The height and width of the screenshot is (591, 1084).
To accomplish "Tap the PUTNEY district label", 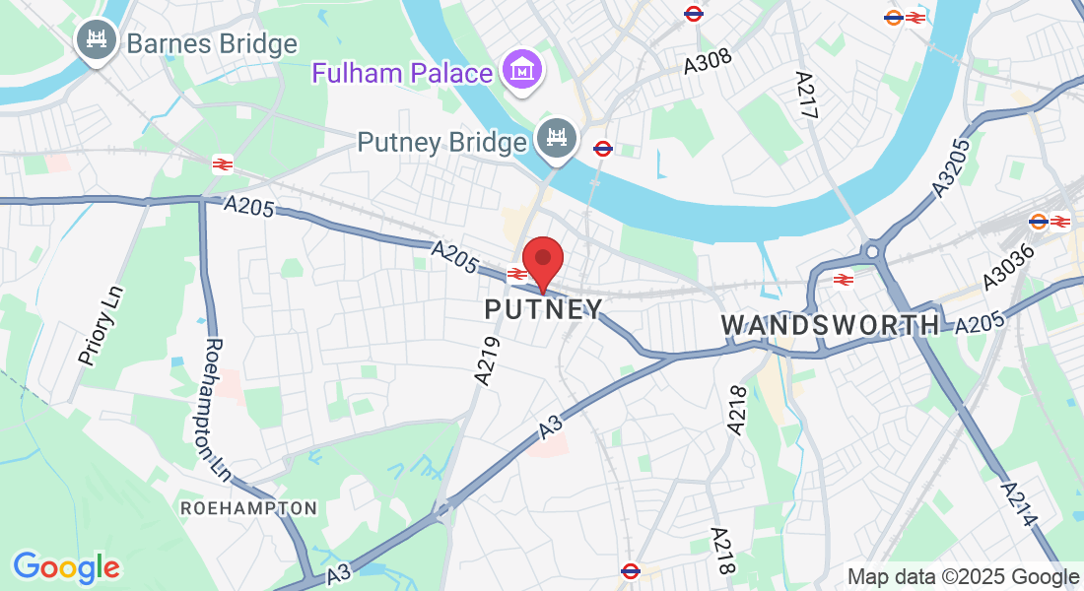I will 543,309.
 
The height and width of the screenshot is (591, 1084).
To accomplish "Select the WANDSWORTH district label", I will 830,324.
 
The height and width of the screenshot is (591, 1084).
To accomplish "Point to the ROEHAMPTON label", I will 248,508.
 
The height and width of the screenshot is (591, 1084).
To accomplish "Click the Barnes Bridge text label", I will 211,44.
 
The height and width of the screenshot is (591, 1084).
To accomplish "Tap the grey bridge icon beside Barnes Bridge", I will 97,40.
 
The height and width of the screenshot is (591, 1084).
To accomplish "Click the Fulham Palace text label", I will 402,73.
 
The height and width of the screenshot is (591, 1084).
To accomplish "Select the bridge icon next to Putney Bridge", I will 556,139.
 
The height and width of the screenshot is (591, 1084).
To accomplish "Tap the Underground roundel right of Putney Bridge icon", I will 603,149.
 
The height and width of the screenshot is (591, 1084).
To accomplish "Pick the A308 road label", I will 709,60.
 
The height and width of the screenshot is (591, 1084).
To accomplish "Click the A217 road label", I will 806,97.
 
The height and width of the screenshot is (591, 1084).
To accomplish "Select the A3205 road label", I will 953,165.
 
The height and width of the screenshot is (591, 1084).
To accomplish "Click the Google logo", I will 66,567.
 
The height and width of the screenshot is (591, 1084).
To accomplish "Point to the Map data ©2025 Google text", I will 963,577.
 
